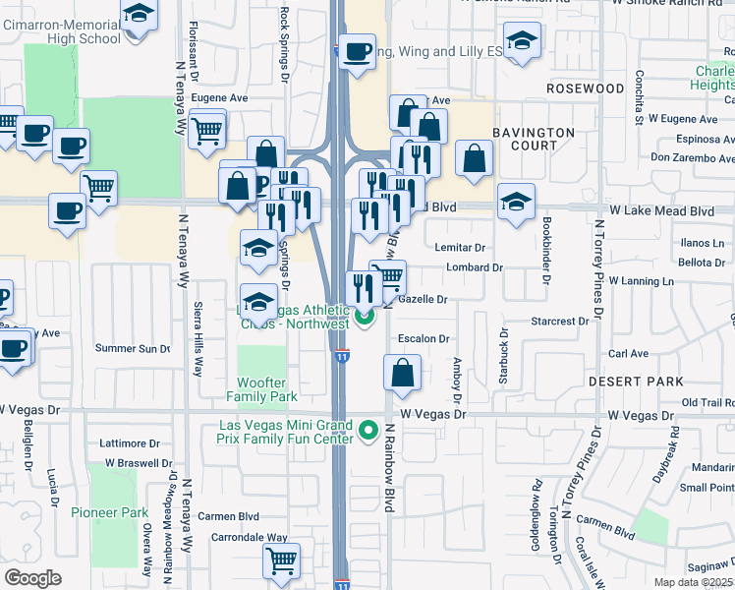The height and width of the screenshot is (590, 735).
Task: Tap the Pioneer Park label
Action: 109,512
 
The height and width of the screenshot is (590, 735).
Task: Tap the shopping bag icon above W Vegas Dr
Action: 402,373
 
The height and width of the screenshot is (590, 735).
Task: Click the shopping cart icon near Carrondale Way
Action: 281,560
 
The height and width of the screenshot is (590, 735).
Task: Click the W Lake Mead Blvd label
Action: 661,210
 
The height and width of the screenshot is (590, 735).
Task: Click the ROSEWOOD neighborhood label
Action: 587,88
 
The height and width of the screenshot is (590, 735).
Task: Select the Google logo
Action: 32,578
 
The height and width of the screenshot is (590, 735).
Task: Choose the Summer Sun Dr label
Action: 133,348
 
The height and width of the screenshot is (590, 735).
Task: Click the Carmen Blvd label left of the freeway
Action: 228,515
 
